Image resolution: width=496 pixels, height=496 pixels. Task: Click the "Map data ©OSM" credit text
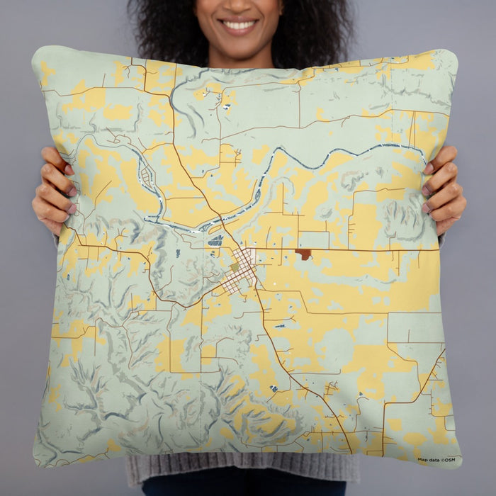(436, 460)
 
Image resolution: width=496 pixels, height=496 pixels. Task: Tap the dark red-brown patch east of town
(303, 254)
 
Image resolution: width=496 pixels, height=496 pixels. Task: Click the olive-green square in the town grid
(235, 266)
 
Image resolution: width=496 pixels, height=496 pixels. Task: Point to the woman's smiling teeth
(239, 25)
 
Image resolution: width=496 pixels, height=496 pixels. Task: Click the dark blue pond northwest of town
(215, 240)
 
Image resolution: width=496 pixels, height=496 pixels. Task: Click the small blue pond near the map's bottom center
(274, 388)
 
